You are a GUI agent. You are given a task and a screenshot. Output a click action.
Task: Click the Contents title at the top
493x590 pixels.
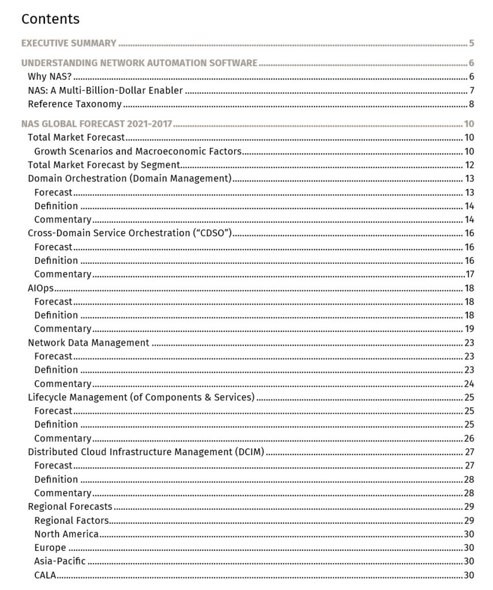coord(50,19)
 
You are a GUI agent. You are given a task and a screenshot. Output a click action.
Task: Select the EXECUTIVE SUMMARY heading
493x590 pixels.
coord(69,43)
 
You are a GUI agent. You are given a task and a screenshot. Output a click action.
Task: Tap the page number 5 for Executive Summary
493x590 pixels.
coord(471,43)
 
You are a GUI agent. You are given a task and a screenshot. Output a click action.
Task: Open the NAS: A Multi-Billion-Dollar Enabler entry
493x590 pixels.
coord(105,90)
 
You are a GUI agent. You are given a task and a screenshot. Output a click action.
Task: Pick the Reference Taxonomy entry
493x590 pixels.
coord(74,104)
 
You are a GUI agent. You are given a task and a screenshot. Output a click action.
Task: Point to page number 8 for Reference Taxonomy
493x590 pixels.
coord(471,104)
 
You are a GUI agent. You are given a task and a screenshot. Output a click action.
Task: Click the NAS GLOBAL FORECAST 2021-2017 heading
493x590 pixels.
coord(97,124)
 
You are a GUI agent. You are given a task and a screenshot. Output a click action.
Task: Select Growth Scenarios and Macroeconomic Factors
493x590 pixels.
coord(137,152)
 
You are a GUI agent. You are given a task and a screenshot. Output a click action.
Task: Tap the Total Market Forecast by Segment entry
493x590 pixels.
coord(104,165)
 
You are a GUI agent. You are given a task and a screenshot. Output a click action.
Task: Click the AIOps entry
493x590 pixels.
coord(40,288)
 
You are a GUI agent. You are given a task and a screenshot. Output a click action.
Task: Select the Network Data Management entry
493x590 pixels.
coord(88,343)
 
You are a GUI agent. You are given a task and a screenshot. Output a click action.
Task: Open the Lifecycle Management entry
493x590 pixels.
coord(141,398)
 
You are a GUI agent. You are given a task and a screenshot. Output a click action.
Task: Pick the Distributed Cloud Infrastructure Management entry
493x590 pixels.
coord(146,452)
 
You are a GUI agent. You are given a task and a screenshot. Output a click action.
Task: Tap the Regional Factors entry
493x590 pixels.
coord(71,520)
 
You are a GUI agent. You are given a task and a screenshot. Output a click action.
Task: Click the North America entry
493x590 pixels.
coord(66,534)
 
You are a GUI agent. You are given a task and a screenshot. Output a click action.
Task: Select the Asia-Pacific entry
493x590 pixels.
coord(59,561)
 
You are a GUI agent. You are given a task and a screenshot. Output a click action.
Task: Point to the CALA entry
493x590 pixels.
coord(45,575)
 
